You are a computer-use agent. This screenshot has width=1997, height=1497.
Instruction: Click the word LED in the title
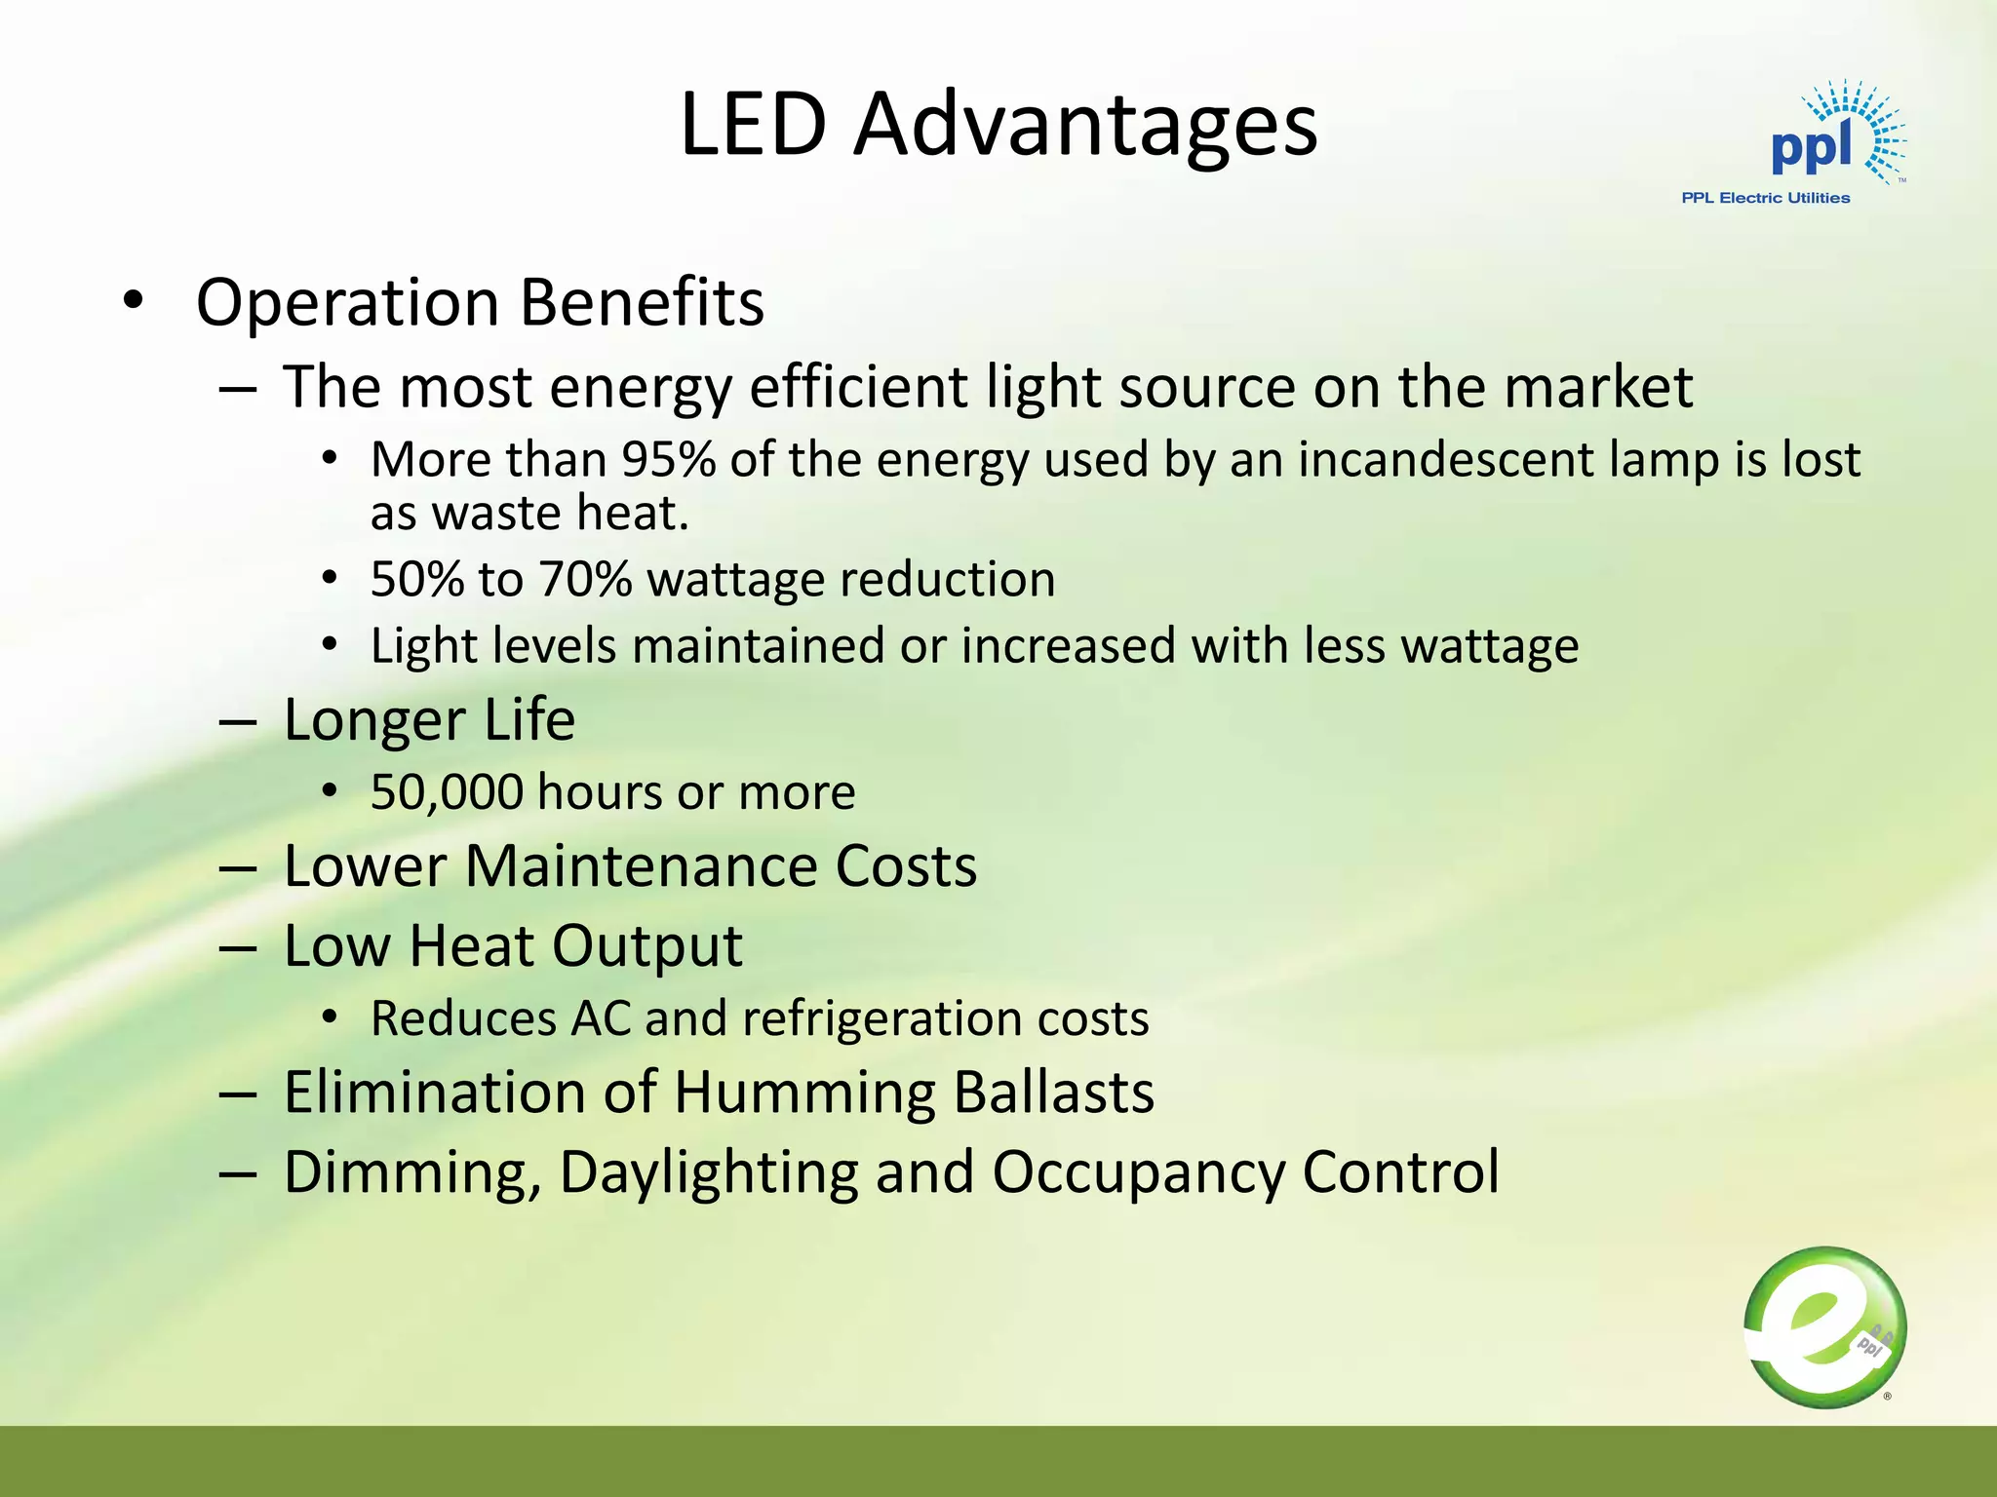pos(753,125)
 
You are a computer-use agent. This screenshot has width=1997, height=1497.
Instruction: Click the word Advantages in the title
pos(1084,127)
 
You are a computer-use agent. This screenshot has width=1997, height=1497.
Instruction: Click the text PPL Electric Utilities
pos(1765,198)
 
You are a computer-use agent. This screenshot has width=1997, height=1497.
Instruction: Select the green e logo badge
pos(1824,1326)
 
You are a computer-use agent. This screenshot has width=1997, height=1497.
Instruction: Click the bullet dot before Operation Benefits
pos(134,301)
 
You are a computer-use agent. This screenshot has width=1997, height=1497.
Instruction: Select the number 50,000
pos(447,791)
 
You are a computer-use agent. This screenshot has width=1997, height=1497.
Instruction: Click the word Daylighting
pos(709,1172)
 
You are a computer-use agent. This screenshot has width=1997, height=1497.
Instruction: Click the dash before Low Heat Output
pos(238,947)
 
